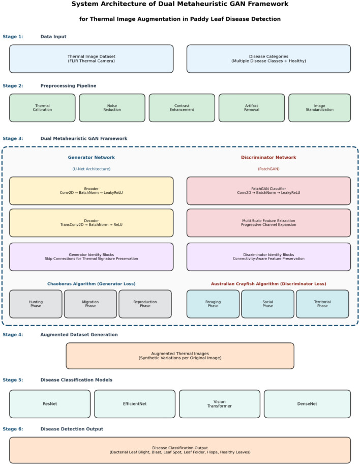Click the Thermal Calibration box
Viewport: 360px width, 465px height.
pos(42,108)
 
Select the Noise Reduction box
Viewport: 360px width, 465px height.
pos(112,108)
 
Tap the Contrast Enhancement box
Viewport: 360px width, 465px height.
pos(182,108)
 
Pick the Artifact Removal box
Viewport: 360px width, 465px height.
pos(252,108)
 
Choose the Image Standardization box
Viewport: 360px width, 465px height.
pos(319,108)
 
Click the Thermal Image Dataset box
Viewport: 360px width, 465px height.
pos(91,59)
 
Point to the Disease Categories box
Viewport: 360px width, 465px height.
pos(268,59)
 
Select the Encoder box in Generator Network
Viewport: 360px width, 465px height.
pos(91,191)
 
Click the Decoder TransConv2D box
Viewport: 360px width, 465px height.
pos(91,223)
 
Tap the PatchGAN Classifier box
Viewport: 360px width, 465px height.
pos(268,191)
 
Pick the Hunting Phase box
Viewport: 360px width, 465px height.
pos(36,304)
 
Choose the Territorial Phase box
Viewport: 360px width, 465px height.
pos(322,304)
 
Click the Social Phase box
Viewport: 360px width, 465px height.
pos(267,304)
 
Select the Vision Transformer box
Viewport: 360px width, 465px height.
pos(220,404)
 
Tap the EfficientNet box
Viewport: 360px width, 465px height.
pos(135,404)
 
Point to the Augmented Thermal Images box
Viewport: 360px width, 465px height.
pos(180,356)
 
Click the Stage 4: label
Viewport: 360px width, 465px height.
pos(13,335)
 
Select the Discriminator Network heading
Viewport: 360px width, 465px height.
pos(268,158)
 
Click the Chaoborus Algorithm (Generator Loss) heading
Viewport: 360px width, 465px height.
pos(91,284)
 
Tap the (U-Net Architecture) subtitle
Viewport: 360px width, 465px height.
pos(91,169)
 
